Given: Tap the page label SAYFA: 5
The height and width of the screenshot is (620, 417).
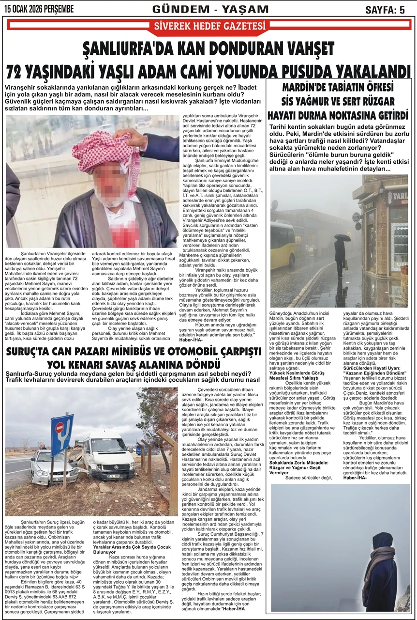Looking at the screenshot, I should click(385, 10).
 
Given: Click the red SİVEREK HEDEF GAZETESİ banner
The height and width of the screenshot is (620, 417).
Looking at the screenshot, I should click(209, 26).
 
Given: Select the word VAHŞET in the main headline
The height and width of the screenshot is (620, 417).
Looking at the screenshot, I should click(304, 49).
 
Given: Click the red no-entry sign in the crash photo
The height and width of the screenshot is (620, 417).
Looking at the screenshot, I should click(60, 428).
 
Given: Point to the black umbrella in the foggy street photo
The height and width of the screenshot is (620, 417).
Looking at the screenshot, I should click(343, 238).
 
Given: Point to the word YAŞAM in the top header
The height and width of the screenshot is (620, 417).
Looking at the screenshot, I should click(245, 9).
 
